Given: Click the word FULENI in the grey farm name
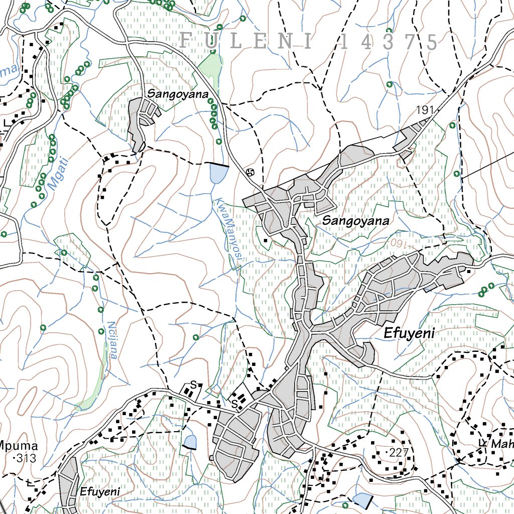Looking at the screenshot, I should click(245, 41).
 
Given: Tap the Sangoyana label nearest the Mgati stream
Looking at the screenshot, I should click(177, 93).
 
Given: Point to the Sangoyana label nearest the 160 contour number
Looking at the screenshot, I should click(355, 221).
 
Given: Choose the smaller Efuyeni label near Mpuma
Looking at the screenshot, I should click(99, 492).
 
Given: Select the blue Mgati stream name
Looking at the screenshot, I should click(58, 172).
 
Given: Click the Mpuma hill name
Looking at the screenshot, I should click(19, 446).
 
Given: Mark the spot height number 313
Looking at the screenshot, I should click(23, 458).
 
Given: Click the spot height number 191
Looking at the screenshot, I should click(424, 110).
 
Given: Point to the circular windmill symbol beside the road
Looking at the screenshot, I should click(251, 172).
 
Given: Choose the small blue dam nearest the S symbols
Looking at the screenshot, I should click(190, 442).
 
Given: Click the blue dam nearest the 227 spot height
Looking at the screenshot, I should click(362, 499).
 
